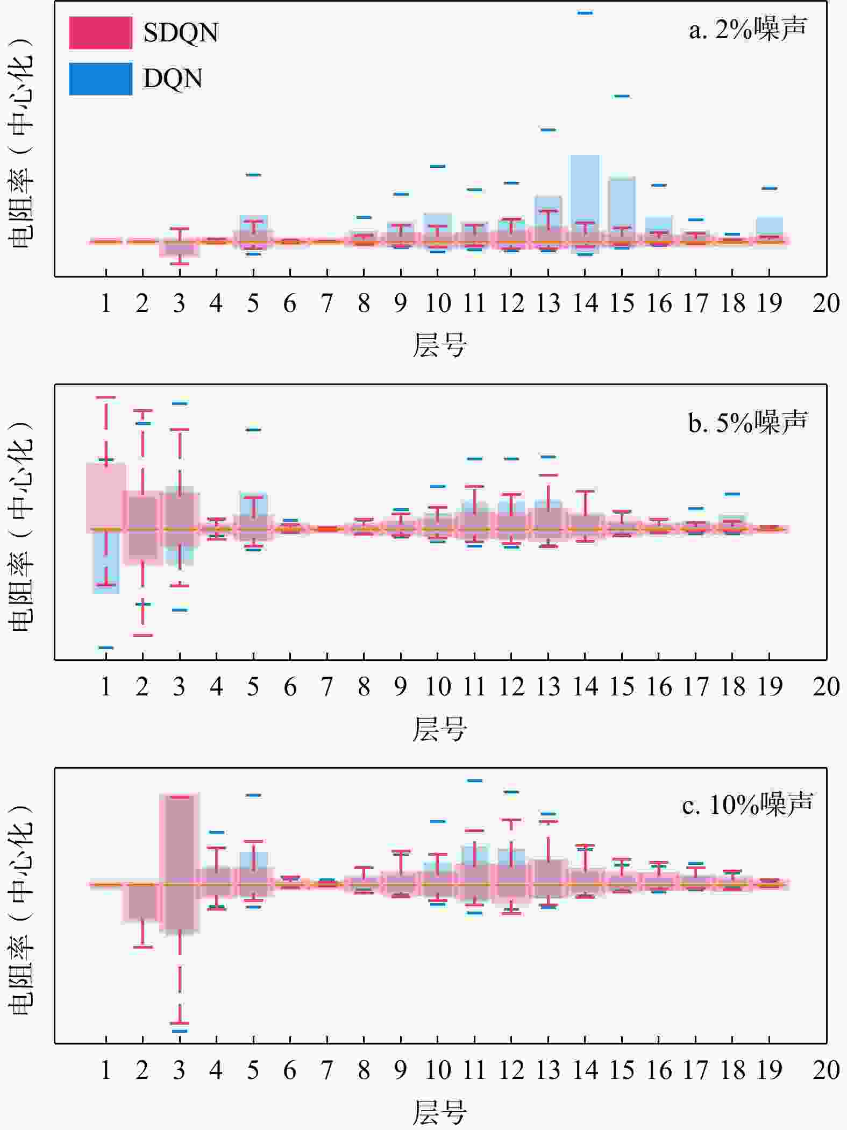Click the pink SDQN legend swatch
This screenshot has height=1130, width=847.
101,33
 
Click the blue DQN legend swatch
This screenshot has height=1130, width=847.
101,79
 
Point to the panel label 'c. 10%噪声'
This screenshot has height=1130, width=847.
748,805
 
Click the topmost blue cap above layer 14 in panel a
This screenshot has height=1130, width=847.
585,13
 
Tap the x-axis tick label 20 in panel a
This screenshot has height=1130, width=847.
826,304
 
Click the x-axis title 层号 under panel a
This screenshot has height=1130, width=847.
439,345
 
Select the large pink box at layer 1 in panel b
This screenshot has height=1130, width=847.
106,495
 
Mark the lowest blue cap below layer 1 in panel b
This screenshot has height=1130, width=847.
106,648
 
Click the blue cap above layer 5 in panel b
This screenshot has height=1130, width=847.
253,430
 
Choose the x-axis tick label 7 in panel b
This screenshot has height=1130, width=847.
327,687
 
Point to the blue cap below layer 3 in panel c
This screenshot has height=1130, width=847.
180,1031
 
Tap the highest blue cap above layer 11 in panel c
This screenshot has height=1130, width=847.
474,780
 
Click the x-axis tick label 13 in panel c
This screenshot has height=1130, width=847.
548,1070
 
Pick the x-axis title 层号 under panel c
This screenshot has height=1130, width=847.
439,1112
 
